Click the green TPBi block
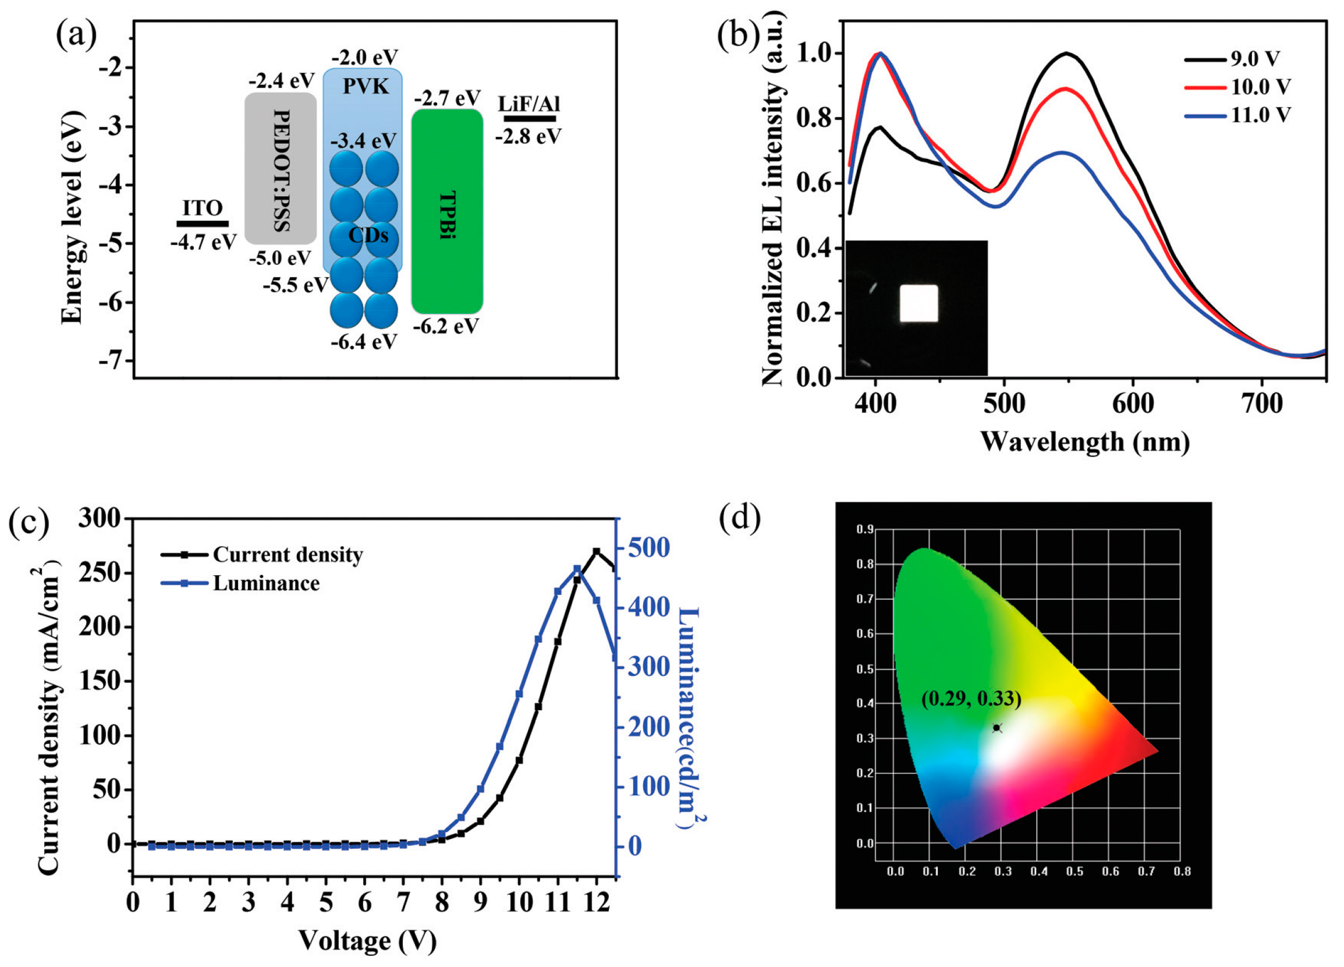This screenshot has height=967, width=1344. pyautogui.click(x=447, y=211)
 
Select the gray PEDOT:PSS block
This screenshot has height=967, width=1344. pyautogui.click(x=281, y=168)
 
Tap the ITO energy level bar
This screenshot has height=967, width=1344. pyautogui.click(x=202, y=224)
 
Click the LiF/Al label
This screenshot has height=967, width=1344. pyautogui.click(x=529, y=104)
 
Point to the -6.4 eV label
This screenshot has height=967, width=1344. pyautogui.click(x=364, y=342)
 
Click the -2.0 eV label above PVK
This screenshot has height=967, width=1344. pyautogui.click(x=364, y=58)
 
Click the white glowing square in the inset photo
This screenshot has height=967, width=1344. pyautogui.click(x=919, y=303)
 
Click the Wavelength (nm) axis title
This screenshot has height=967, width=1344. pyautogui.click(x=1084, y=442)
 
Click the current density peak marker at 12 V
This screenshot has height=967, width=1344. pyautogui.click(x=596, y=552)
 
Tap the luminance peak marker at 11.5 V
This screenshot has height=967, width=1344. pyautogui.click(x=577, y=569)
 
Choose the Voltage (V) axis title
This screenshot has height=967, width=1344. pyautogui.click(x=367, y=940)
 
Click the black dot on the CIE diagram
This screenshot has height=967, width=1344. pyautogui.click(x=997, y=728)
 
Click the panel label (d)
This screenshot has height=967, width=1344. pyautogui.click(x=740, y=519)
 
